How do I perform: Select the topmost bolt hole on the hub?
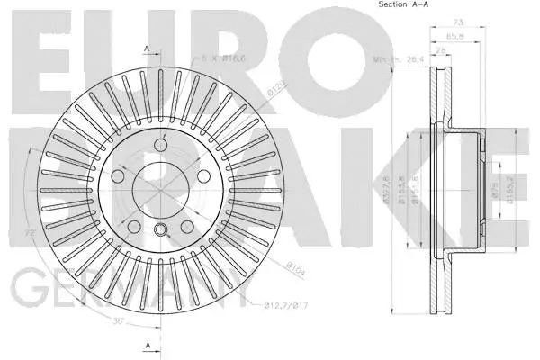click(161, 145)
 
